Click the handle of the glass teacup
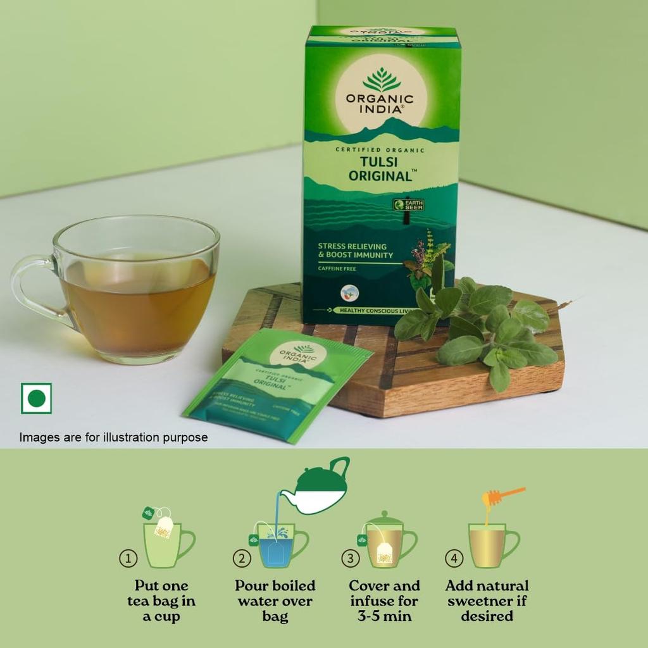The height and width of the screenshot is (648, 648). pos(28,288)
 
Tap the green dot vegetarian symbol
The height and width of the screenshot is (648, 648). pos(36,398)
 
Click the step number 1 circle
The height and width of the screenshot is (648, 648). pos(128,558)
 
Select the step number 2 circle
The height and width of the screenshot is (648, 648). pos(242,558)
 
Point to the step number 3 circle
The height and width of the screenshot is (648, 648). pos(350,558)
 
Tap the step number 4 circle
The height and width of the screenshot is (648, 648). pos(454,558)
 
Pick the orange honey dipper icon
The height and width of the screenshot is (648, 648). pos(503,497)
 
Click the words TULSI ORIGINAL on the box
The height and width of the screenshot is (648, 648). pos(380,169)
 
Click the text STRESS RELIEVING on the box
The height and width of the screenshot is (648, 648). pos(352,246)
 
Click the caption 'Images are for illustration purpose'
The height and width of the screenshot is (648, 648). pos(113,437)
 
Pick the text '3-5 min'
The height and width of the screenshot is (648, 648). pos(384,616)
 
